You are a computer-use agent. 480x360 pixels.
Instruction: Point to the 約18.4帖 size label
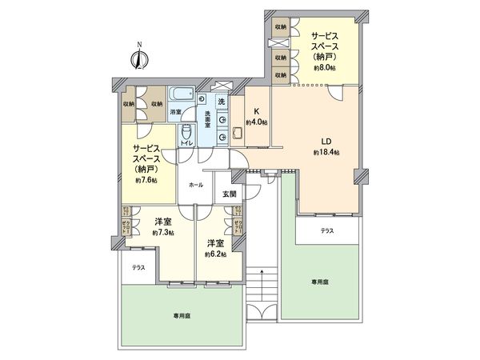click(327, 152)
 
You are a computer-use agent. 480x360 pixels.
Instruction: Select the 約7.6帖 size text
click(146, 181)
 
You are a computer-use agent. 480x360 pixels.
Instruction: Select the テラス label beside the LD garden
click(328, 230)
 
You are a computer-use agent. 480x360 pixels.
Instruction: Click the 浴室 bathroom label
click(174, 111)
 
